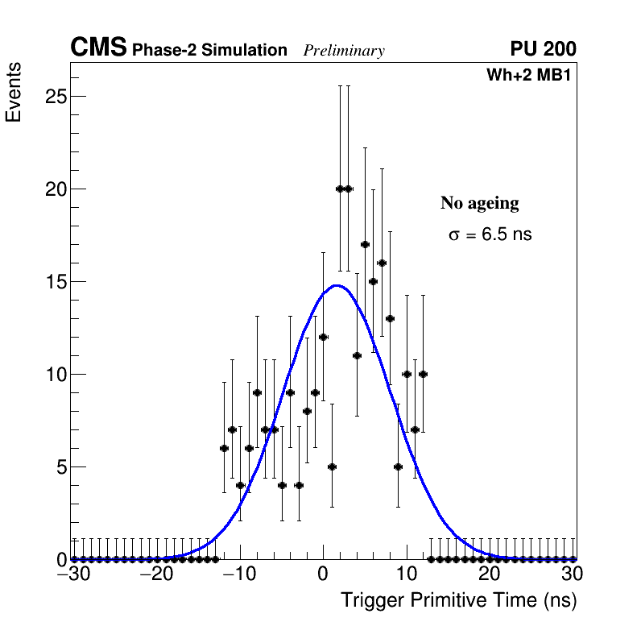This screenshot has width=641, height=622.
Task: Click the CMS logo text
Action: click(98, 48)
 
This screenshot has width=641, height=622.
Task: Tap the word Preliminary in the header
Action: click(344, 51)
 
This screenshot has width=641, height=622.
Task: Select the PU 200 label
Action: click(543, 49)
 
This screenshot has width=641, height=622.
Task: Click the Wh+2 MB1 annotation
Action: click(528, 76)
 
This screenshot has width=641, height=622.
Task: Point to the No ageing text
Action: click(479, 203)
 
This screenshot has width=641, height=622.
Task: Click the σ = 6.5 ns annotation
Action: click(490, 235)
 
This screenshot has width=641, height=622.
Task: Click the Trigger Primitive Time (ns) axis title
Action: click(459, 600)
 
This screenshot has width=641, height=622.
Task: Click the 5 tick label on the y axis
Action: click(58, 467)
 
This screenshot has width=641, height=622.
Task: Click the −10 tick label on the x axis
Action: click(239, 574)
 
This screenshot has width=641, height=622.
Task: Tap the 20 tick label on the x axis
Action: click(490, 574)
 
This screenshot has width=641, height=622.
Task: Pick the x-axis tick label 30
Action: click(573, 574)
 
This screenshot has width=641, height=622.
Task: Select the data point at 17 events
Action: click(365, 244)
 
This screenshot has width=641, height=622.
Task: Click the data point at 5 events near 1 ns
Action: click(332, 466)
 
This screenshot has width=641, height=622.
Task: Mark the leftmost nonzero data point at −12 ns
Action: click(224, 448)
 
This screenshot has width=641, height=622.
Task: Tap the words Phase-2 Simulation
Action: click(209, 51)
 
